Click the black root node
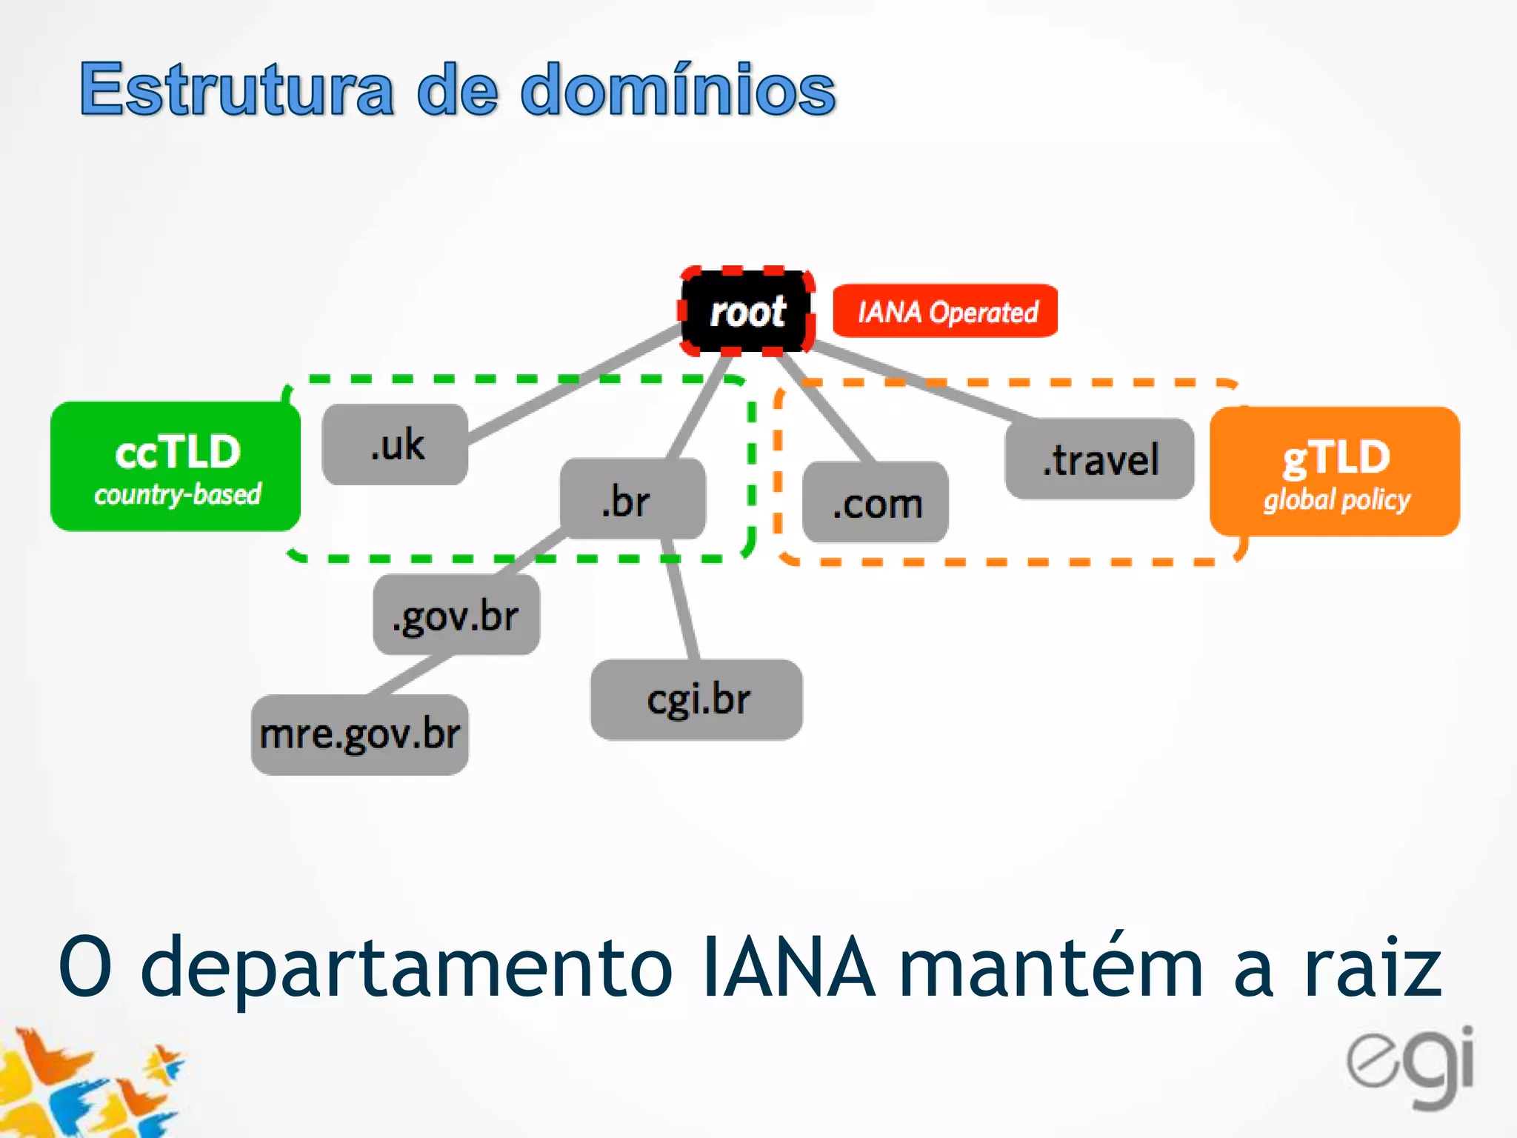pyautogui.click(x=747, y=312)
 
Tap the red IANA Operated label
pyautogui.click(x=945, y=311)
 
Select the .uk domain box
pyautogui.click(x=396, y=445)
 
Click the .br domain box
pyautogui.click(x=632, y=499)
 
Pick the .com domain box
pyautogui.click(x=876, y=502)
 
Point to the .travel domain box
pyautogui.click(x=1099, y=459)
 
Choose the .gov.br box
pyautogui.click(x=456, y=615)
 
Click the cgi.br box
pyautogui.click(x=696, y=699)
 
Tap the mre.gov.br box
pyautogui.click(x=360, y=734)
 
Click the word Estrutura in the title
pyautogui.click(x=237, y=90)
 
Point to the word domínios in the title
pyautogui.click(x=678, y=90)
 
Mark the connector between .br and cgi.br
pyautogui.click(x=681, y=600)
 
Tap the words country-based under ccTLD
pyautogui.click(x=178, y=494)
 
